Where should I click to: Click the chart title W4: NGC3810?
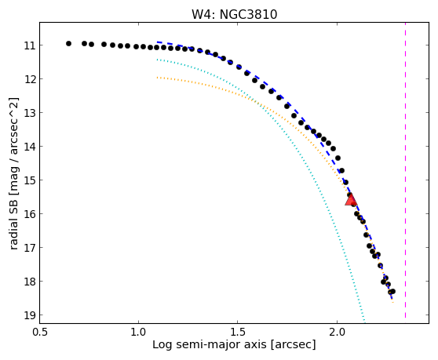coord(234,15)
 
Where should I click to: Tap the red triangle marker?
coord(351,199)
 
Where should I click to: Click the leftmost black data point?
coord(69,44)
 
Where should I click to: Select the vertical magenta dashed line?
coord(405,170)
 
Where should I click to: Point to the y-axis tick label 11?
coord(30,45)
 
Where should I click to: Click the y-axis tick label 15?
coord(30,180)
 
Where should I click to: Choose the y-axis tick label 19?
coord(30,315)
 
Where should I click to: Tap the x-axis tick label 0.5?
coord(40,333)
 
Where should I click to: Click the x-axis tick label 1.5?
coord(237,333)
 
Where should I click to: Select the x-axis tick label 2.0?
coord(338,333)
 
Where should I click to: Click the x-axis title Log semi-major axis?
coord(210,345)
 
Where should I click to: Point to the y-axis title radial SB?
coord(13,223)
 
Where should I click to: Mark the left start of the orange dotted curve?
coord(158,78)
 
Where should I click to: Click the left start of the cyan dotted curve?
coord(158,60)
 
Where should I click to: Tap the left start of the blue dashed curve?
coord(158,42)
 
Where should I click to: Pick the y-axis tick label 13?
coord(30,113)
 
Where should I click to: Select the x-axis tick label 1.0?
coord(138,333)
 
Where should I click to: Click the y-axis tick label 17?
coord(30,248)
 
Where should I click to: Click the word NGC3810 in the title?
coord(248,15)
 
